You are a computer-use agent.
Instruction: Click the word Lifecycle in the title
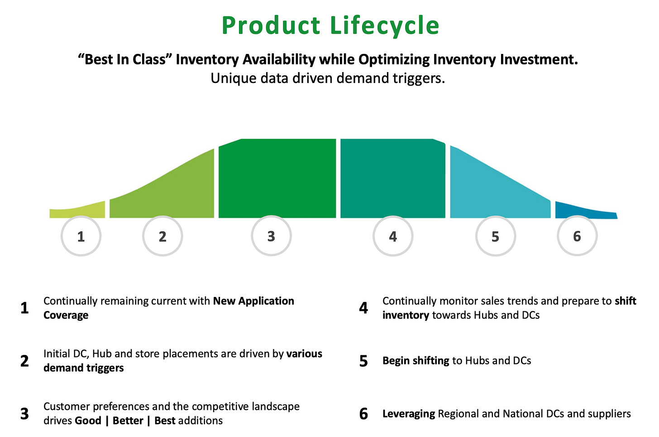coord(384,25)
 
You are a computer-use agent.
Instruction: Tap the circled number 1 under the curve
coord(81,236)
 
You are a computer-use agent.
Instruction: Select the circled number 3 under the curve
coord(271,236)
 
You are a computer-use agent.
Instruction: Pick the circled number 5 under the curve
coord(495,237)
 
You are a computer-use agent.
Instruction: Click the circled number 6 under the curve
coord(577,236)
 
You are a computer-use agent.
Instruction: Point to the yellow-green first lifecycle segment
coord(77,212)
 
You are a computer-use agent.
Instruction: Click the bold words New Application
coord(253,301)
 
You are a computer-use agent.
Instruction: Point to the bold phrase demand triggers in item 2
coord(83,368)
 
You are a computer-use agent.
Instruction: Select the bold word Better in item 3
coord(128,421)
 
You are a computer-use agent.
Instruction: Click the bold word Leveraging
coord(409,413)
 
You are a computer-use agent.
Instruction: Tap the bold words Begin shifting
coord(415,360)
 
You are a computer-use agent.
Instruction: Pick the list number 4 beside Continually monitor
coord(364,308)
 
